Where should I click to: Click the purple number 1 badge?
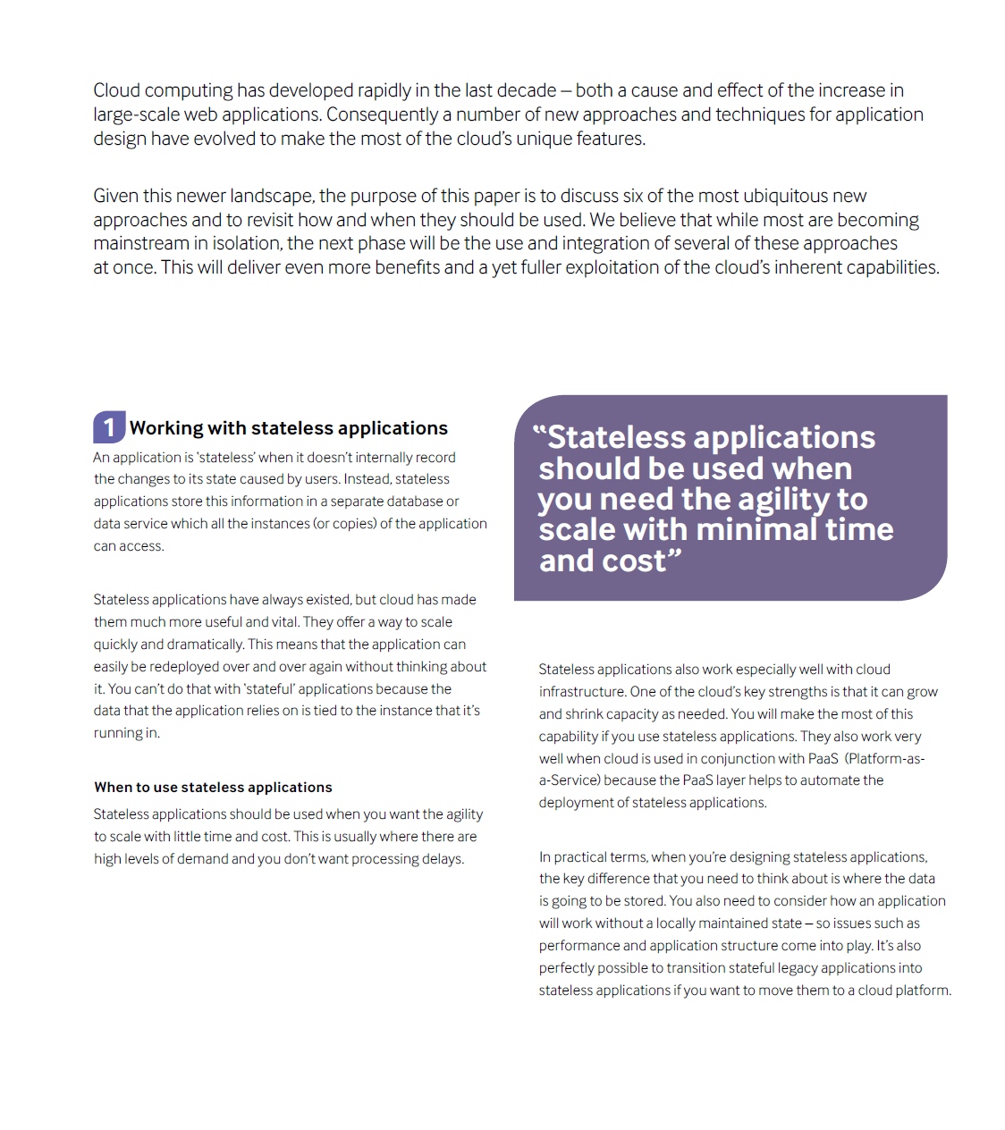(109, 427)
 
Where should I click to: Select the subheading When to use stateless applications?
(213, 788)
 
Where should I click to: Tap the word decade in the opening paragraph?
(527, 90)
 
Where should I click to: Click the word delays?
(444, 859)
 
